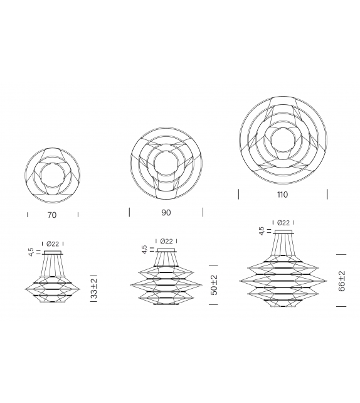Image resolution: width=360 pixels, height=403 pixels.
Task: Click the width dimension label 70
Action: pyautogui.click(x=52, y=215)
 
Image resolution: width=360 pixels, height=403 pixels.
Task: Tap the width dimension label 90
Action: pyautogui.click(x=166, y=213)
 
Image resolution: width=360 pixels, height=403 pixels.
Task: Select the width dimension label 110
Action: pyautogui.click(x=282, y=195)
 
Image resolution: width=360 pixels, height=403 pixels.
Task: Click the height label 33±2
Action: pyautogui.click(x=94, y=287)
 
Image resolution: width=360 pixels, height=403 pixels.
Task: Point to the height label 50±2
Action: pyautogui.click(x=214, y=285)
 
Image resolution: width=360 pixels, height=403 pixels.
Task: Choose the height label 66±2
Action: pyautogui.click(x=342, y=281)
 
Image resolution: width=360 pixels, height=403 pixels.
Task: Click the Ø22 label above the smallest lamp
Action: pyautogui.click(x=53, y=244)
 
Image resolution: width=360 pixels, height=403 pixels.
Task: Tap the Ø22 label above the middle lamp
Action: pyautogui.click(x=167, y=241)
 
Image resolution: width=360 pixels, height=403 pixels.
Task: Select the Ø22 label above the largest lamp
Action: pyautogui.click(x=283, y=223)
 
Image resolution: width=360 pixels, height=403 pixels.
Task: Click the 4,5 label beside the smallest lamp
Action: pyautogui.click(x=31, y=252)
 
